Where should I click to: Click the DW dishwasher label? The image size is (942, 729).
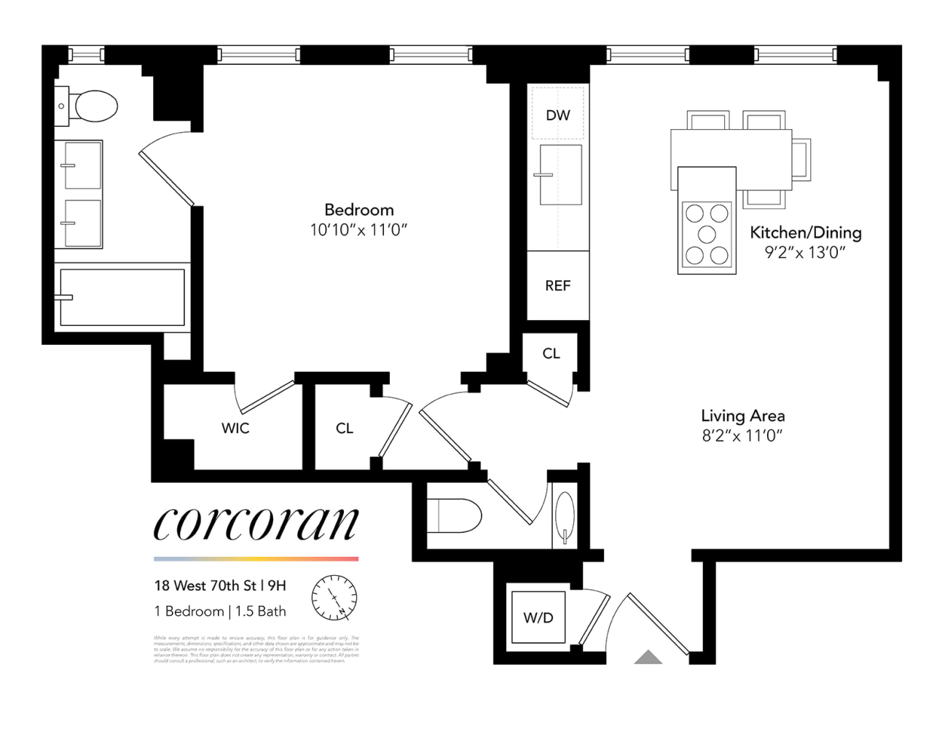pyautogui.click(x=557, y=115)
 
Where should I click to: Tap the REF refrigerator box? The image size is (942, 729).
pyautogui.click(x=557, y=286)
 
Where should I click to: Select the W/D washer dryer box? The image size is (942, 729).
pyautogui.click(x=538, y=617)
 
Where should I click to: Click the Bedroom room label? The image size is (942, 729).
pyautogui.click(x=358, y=210)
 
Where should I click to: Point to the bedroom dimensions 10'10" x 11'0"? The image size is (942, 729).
pyautogui.click(x=358, y=230)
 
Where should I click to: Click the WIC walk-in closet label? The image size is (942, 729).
pyautogui.click(x=235, y=428)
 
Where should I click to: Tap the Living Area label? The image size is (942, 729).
pyautogui.click(x=742, y=416)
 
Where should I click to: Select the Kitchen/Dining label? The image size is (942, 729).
pyautogui.click(x=805, y=233)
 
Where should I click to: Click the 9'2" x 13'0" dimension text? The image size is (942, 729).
pyautogui.click(x=804, y=252)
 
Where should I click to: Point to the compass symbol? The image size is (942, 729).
pyautogui.click(x=334, y=597)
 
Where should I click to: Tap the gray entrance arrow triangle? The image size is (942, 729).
pyautogui.click(x=648, y=658)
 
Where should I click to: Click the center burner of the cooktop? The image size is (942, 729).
pyautogui.click(x=707, y=234)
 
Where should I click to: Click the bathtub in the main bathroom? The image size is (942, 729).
pyautogui.click(x=122, y=297)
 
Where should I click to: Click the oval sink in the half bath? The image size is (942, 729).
pyautogui.click(x=565, y=515)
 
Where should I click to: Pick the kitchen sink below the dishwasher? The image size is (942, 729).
pyautogui.click(x=560, y=175)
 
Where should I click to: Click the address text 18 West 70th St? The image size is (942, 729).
pyautogui.click(x=205, y=585)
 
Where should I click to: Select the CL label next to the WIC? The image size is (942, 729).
pyautogui.click(x=345, y=429)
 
